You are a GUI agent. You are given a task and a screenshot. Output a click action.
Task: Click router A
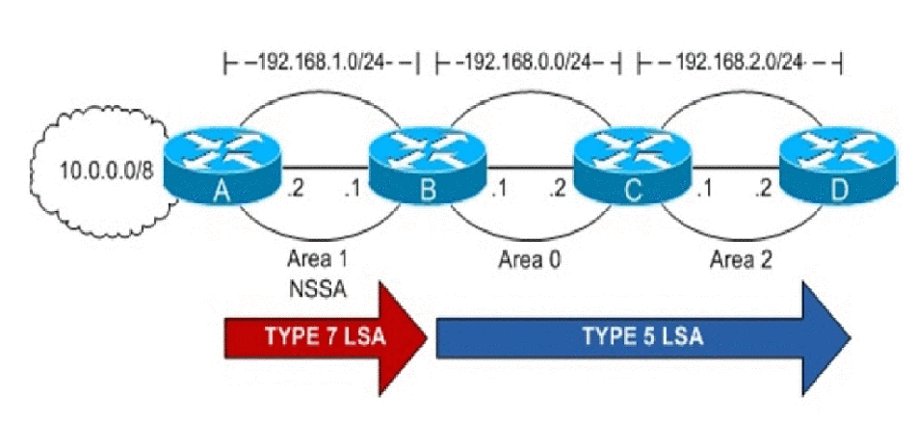point(222,166)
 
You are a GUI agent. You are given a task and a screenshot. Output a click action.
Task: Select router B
point(427,166)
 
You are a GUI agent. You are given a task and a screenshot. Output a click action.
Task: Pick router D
point(833,166)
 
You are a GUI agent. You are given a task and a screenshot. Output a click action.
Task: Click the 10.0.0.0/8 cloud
point(95,172)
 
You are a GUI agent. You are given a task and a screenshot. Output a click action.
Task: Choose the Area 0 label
point(529,258)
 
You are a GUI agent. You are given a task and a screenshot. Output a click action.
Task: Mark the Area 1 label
point(317,258)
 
